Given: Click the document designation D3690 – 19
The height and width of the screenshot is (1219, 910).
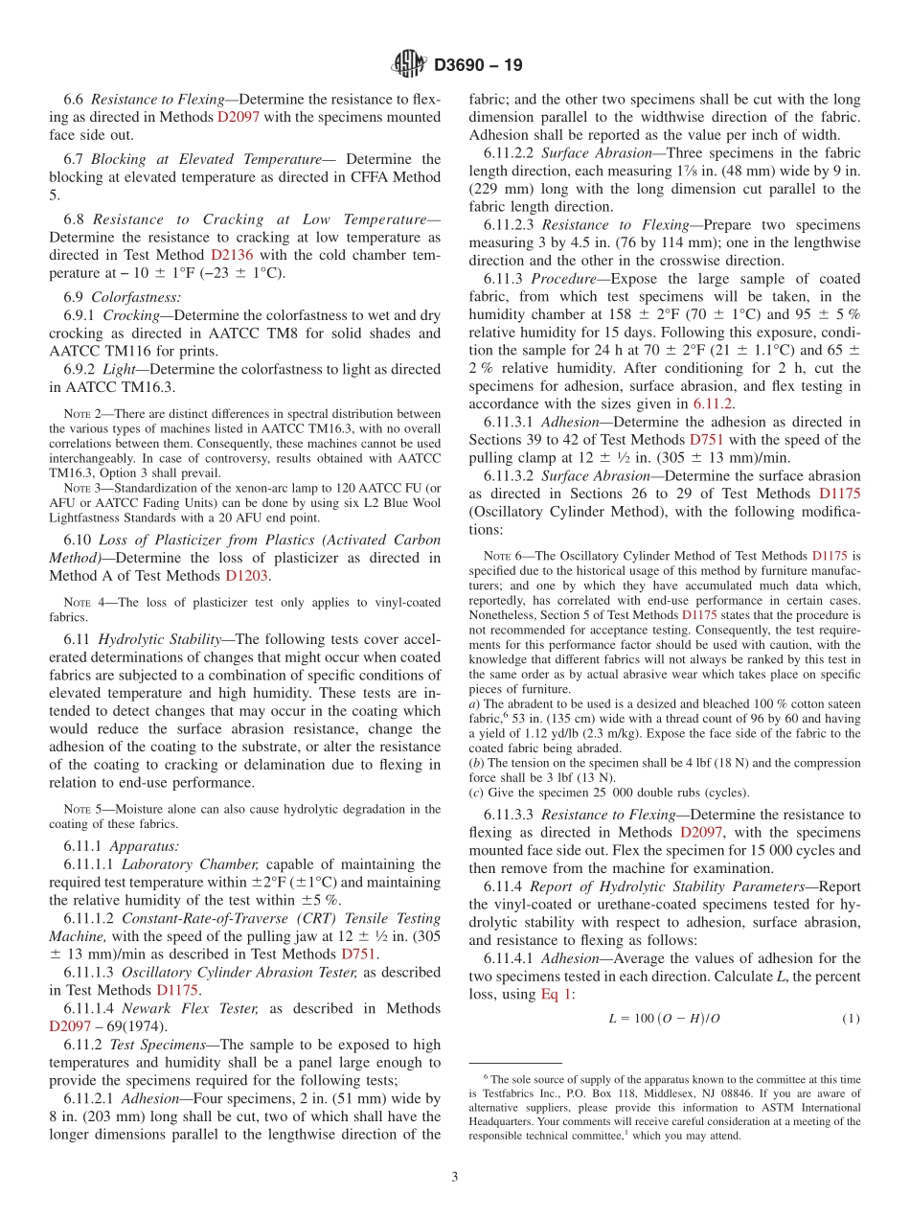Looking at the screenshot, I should [478, 65].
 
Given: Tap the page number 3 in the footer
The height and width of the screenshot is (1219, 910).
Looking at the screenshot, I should [454, 1176].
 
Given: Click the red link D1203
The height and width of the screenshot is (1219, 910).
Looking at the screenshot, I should [247, 576].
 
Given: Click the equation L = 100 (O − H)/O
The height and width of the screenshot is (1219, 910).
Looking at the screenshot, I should [664, 1019].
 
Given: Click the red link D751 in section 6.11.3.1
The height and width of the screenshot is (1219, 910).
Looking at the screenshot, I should [706, 440].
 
